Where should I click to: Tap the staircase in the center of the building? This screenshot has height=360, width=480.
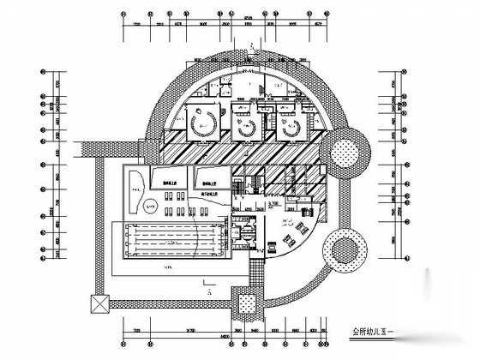tap(254, 183)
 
